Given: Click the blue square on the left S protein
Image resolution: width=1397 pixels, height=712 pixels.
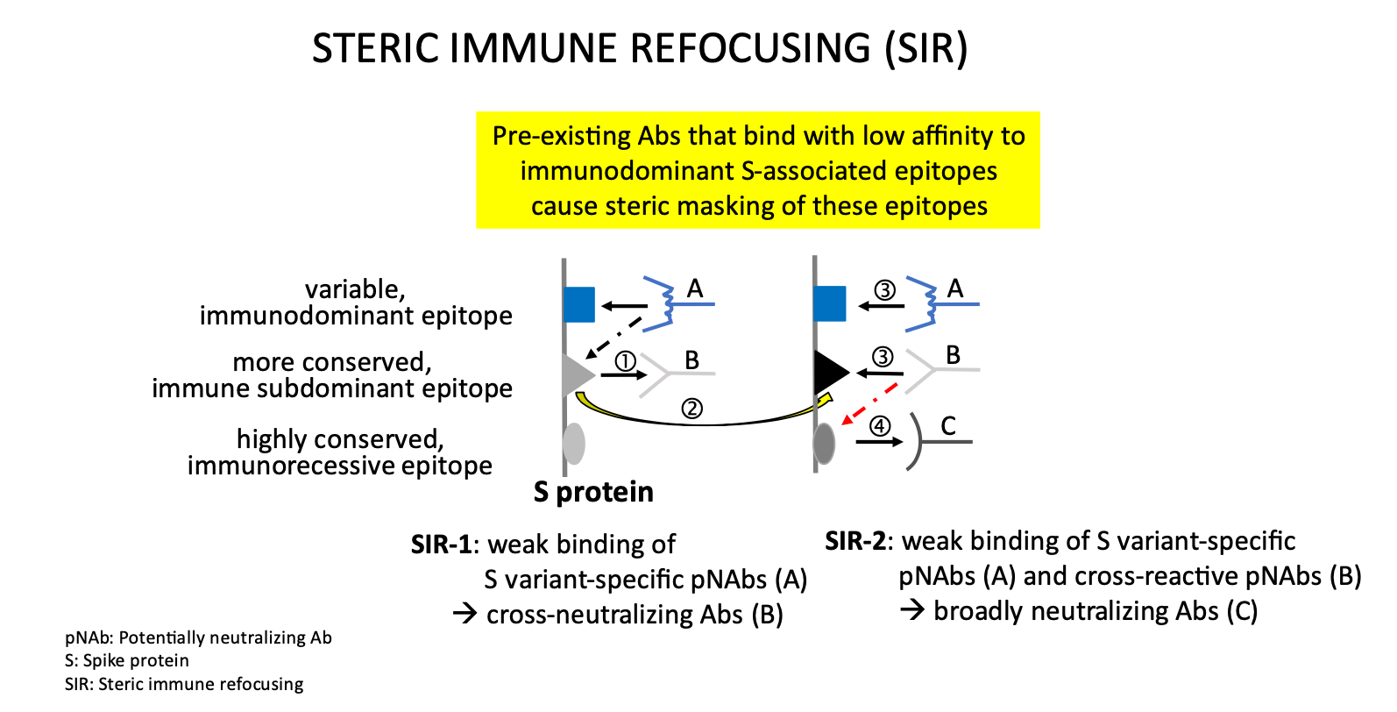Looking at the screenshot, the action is [x=578, y=304].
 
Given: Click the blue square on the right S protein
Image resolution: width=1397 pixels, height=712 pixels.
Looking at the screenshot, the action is [x=830, y=303].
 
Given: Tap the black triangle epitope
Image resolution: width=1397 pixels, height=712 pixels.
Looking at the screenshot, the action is [x=832, y=373].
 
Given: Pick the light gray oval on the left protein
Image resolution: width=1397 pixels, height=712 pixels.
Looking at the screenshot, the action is [x=574, y=444].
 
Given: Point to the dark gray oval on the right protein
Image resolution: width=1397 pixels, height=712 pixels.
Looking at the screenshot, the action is [x=825, y=444].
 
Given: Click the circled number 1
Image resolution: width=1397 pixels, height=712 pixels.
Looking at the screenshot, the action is [x=625, y=360].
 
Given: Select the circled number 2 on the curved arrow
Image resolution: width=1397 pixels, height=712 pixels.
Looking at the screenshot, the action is [x=691, y=409].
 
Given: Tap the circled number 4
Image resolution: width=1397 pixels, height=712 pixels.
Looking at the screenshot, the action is [x=880, y=426].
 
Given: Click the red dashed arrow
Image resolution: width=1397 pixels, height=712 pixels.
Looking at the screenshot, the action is [x=869, y=404].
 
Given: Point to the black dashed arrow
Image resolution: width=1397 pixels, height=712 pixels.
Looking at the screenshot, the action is [x=613, y=338].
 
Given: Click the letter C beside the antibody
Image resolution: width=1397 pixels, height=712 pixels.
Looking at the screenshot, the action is [x=948, y=426].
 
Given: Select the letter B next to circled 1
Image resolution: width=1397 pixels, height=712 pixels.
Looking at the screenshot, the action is [x=691, y=360].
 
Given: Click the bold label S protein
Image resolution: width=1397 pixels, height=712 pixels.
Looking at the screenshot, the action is [x=593, y=492].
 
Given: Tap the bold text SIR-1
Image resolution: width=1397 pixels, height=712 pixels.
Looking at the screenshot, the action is [x=442, y=545].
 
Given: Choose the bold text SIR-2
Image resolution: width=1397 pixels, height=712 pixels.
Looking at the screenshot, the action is [x=855, y=541].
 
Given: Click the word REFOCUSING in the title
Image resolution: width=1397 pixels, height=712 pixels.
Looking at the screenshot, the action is [x=750, y=48].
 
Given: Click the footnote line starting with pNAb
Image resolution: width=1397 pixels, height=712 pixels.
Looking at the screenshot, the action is [x=198, y=637].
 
